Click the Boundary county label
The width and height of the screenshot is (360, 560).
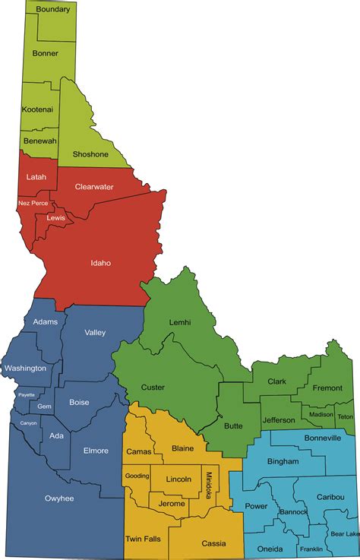pyautogui.click(x=53, y=9)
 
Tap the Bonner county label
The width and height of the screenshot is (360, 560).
pyautogui.click(x=45, y=53)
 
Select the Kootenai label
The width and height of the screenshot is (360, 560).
pyautogui.click(x=37, y=109)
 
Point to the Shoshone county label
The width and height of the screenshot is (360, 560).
pyautogui.click(x=90, y=154)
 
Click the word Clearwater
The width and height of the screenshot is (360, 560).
pyautogui.click(x=94, y=186)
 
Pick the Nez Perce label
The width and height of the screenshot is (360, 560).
pyautogui.click(x=33, y=203)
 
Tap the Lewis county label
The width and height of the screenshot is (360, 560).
pyautogui.click(x=55, y=217)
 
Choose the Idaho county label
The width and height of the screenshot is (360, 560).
pyautogui.click(x=100, y=263)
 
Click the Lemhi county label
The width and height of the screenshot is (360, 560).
pyautogui.click(x=180, y=322)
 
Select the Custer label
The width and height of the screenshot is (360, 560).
pyautogui.click(x=153, y=387)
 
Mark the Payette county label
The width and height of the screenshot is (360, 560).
pyautogui.click(x=27, y=395)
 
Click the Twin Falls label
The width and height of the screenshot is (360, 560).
pyautogui.click(x=142, y=539)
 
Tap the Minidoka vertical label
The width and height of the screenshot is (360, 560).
pyautogui.click(x=210, y=481)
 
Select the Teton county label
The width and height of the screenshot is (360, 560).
pyautogui.click(x=345, y=416)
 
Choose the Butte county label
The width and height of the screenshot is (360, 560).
pyautogui.click(x=233, y=426)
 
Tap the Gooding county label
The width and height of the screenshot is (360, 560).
pyautogui.click(x=137, y=475)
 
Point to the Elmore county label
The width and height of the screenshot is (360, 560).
pyautogui.click(x=96, y=451)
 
